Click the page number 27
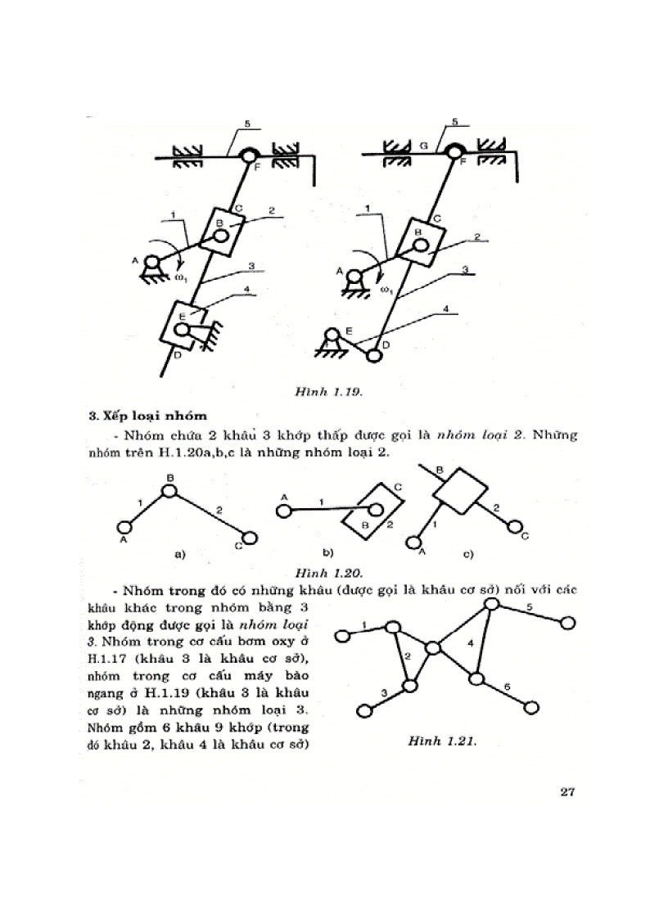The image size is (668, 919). tap(568, 791)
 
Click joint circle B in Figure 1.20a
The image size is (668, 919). tap(169, 491)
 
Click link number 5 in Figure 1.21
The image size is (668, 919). tap(529, 607)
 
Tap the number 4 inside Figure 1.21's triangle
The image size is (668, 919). tap(470, 644)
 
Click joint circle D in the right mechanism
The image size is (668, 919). tap(374, 356)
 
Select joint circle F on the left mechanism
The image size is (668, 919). tap(248, 155)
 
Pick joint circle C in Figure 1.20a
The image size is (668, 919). tap(250, 538)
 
